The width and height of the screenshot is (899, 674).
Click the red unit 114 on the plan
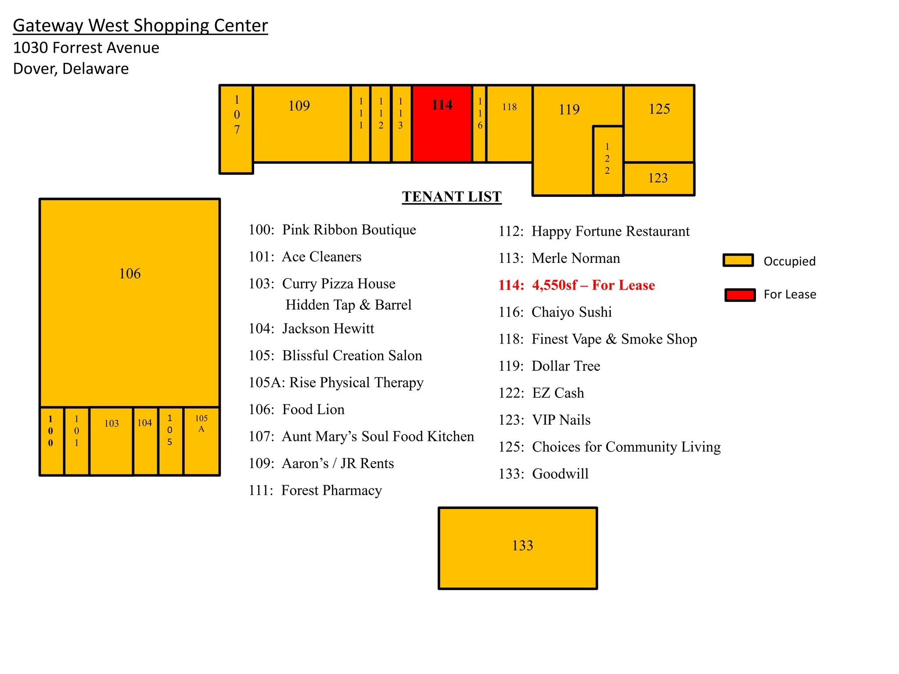coord(442,124)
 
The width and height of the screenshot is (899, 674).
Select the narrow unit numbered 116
coord(480,124)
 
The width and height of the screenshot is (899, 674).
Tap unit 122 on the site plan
coord(608,161)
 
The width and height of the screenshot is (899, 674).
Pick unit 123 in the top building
coord(659,179)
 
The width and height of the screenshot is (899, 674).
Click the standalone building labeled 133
coord(518,548)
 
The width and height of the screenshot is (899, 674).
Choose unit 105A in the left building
coord(201,441)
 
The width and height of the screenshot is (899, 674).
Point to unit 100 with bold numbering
coord(52,441)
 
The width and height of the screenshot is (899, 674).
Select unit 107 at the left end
coord(237,129)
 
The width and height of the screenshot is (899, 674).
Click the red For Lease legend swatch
coord(740,295)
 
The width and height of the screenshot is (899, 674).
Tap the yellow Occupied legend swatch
coord(738,260)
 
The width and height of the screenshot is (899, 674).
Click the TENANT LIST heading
coord(452,197)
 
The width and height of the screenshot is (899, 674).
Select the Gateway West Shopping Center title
coord(140,25)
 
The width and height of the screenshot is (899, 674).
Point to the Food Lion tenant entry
coord(297,409)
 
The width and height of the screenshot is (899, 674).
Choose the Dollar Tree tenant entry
coord(550,366)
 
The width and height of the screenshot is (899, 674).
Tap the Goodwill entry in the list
coord(544,474)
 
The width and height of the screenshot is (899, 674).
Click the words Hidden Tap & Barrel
coord(349,305)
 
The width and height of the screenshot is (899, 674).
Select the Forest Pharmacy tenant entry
coord(315,490)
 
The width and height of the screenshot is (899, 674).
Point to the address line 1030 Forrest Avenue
coord(86,47)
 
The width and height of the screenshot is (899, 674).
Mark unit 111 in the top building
coord(361,124)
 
